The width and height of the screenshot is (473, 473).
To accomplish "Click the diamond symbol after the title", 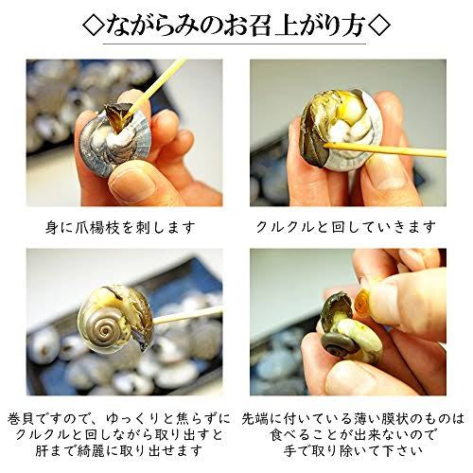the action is point(379,25).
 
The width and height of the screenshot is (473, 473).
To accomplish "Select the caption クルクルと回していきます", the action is point(346,227).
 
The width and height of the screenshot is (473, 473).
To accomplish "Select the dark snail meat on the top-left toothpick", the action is point(118,116).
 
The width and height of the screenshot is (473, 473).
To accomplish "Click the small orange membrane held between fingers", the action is point(362,300).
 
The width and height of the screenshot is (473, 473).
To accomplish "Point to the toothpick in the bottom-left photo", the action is point(187,315).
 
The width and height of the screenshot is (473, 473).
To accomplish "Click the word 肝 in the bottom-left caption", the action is point(42,451).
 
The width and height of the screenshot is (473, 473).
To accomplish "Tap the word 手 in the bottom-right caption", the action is point(290,451).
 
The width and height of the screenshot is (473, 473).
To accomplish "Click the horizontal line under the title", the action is point(235,44).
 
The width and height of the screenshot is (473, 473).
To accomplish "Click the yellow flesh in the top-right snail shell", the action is point(348,112).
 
